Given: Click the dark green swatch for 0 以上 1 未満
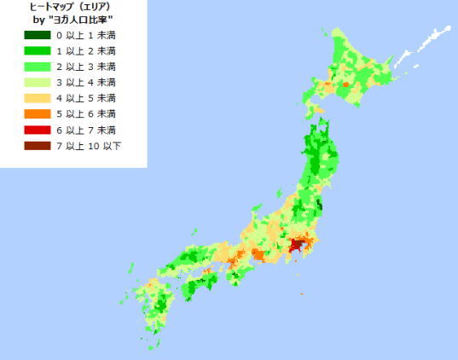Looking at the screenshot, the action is coord(38,35).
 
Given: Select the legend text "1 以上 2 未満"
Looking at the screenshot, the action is coord(85,50).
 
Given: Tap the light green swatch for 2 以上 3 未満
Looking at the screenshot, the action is coord(38,67).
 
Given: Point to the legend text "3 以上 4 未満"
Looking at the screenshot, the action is coord(85,82).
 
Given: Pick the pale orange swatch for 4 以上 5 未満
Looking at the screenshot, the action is coord(38,98).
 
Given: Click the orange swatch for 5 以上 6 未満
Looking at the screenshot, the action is coord(38,113).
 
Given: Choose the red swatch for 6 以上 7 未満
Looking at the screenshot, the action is coord(38,130).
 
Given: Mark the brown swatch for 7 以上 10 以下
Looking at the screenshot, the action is coord(38,146).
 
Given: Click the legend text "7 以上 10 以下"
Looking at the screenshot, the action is coord(88,146).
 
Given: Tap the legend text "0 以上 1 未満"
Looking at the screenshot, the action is coord(85,35).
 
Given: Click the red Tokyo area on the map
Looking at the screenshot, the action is coord(296,247).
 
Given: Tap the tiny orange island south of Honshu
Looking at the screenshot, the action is coord(302,294).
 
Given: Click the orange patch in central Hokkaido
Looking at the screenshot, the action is coord(345,84).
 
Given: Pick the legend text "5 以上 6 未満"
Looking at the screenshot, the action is coord(85,113).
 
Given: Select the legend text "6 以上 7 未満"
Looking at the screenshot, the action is coord(85,130).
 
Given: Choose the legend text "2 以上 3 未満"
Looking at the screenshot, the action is coord(85,67).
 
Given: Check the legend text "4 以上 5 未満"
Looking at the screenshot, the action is coord(85,98).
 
